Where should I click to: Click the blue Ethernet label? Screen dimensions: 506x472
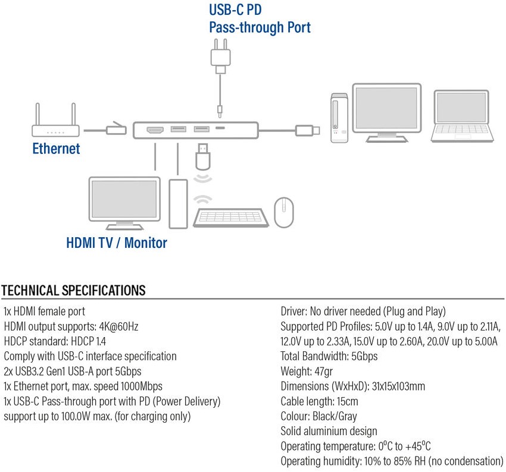click(56, 149)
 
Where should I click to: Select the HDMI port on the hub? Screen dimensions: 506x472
click(155, 130)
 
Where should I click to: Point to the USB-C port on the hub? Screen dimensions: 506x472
click(220, 128)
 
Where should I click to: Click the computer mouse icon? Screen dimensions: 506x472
click(284, 212)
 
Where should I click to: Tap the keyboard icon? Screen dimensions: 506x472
click(231, 218)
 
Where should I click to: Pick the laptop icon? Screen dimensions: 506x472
click(462, 116)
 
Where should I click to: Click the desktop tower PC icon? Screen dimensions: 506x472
click(339, 118)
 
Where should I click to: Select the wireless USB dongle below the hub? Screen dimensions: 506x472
click(202, 156)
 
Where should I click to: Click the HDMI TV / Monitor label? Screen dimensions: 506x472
click(117, 243)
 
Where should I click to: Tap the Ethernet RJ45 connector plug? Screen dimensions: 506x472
click(116, 129)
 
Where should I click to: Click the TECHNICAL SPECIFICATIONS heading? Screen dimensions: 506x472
click(73, 290)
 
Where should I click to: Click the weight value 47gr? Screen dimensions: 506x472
click(323, 372)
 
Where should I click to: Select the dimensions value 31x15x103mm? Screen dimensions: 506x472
click(398, 386)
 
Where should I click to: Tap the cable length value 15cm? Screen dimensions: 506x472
click(347, 401)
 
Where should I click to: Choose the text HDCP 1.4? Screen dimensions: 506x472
click(88, 341)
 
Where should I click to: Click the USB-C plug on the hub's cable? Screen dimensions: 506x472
click(308, 130)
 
